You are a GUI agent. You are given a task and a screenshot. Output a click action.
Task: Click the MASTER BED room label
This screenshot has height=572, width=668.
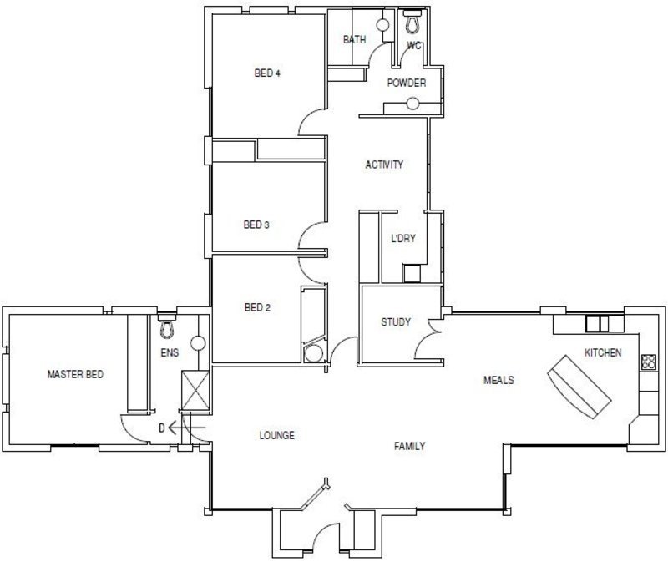[75, 374]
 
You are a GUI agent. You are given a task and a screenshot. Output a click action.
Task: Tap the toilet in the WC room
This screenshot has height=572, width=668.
[412, 22]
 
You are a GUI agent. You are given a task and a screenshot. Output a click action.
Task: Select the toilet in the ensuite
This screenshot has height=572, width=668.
[166, 326]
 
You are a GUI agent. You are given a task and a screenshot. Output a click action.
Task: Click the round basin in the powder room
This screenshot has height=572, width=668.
[412, 104]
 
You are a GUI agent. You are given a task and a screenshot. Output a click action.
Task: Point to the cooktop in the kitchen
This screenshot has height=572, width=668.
[649, 362]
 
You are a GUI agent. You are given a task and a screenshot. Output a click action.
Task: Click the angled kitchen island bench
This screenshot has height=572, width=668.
[579, 387]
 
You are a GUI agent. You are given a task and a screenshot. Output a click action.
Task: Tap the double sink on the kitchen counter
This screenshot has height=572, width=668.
[597, 324]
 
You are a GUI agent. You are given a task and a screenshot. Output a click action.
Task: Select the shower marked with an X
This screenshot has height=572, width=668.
[195, 390]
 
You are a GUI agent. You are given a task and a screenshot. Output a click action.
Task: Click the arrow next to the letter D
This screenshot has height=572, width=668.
[186, 428]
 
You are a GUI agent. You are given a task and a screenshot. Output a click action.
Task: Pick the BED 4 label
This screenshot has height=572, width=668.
[267, 73]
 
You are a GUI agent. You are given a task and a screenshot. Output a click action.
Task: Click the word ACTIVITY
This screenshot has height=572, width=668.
[384, 165]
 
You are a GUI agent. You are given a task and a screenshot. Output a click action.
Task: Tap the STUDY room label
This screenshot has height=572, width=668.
[396, 322]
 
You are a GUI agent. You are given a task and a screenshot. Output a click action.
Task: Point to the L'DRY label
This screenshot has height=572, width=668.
[403, 239]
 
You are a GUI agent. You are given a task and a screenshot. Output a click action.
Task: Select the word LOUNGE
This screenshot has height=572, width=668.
[277, 435]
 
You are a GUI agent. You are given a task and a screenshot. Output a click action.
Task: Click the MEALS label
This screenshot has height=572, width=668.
[498, 380]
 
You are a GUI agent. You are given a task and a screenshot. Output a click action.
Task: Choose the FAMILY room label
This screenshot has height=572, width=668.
[409, 446]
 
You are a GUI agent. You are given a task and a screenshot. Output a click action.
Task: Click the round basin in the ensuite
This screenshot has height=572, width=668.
[198, 343]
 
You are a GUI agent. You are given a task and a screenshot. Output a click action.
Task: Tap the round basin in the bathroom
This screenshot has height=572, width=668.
[383, 25]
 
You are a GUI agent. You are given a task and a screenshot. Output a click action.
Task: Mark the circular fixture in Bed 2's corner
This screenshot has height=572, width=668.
[314, 354]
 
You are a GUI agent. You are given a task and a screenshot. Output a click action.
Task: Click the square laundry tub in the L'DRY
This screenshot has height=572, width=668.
[412, 273]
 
